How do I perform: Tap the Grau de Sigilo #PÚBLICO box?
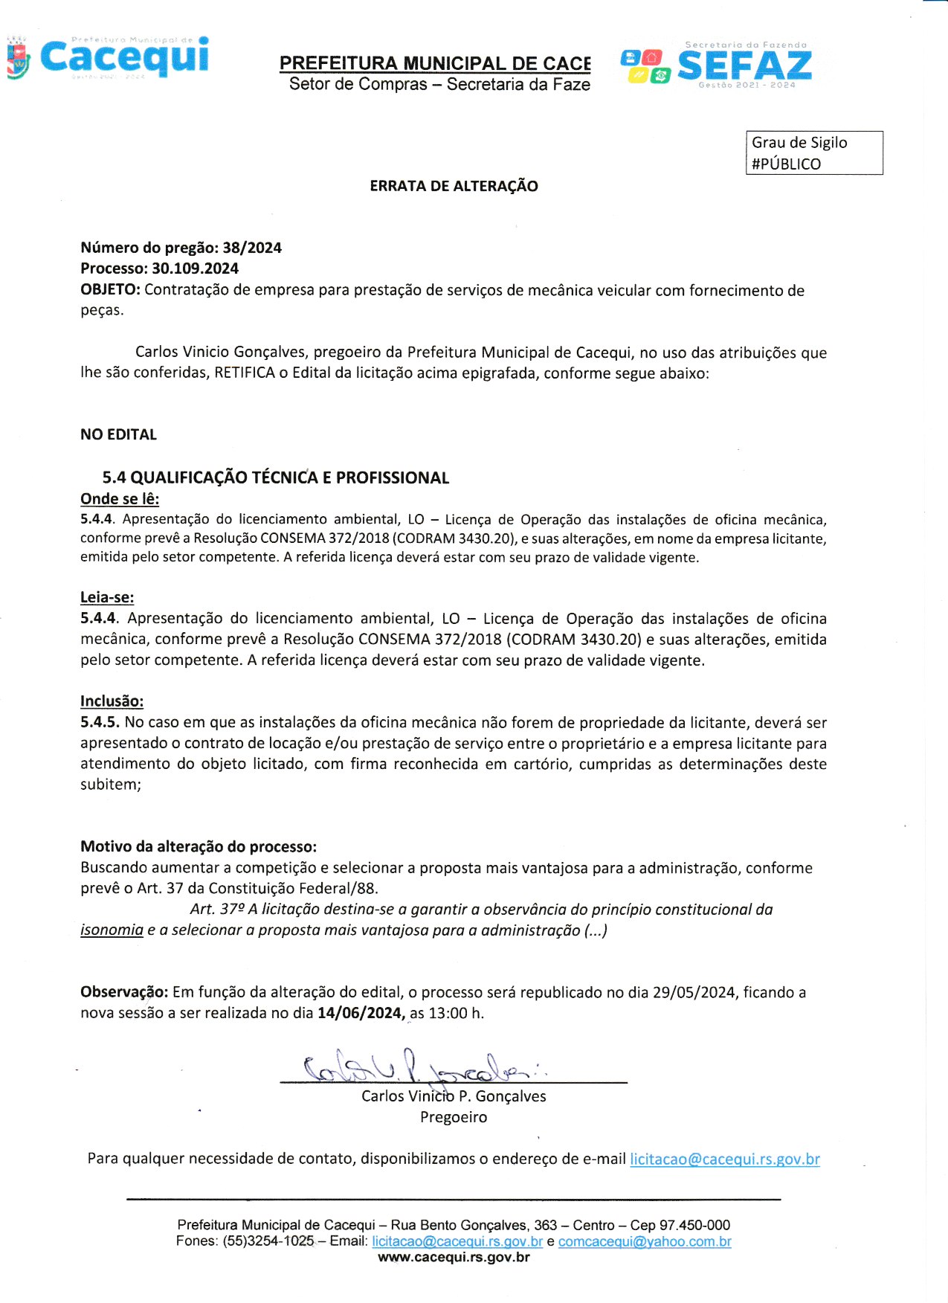tap(813, 153)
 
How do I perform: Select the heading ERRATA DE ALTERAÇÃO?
tap(454, 186)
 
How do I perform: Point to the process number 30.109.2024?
tap(195, 268)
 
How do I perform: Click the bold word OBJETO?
tap(110, 290)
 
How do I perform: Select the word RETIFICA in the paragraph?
tap(245, 373)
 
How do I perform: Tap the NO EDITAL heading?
tap(118, 434)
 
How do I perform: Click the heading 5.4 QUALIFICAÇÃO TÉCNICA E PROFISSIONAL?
tap(275, 477)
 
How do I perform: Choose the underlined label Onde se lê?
tap(120, 499)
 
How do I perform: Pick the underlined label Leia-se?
tap(107, 596)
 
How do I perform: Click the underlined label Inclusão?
tap(112, 701)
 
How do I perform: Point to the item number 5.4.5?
tap(100, 722)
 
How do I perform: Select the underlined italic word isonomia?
tap(112, 930)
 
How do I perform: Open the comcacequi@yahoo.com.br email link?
tap(645, 1241)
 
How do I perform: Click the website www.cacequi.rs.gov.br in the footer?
tap(454, 1258)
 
